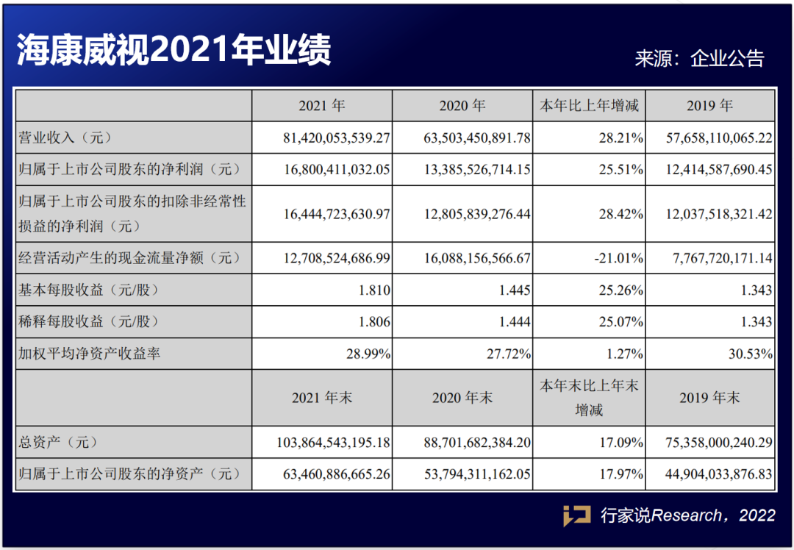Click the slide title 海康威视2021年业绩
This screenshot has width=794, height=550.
174,51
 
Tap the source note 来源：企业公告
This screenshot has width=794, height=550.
699,59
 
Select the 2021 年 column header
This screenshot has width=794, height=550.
321,106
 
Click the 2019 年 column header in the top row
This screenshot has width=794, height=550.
709,106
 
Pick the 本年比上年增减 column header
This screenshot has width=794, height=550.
589,106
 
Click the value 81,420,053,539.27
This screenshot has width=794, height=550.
335,137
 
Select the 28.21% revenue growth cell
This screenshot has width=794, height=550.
621,137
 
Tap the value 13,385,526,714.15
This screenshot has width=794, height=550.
477,170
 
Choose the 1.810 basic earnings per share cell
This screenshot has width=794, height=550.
374,290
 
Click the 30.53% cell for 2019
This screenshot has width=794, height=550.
750,354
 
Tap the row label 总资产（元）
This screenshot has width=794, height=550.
58,443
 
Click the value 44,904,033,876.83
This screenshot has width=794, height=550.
711,474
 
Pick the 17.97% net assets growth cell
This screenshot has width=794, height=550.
621,474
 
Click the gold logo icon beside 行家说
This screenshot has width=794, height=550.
576,515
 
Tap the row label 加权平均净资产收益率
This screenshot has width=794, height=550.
89,354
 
